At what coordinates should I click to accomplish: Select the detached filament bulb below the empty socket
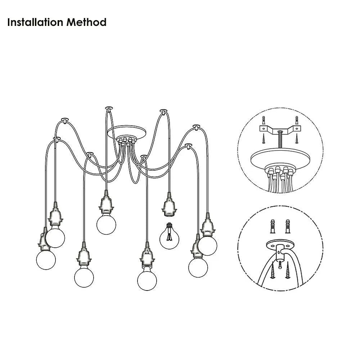169,238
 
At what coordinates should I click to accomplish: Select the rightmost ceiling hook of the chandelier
197,126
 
